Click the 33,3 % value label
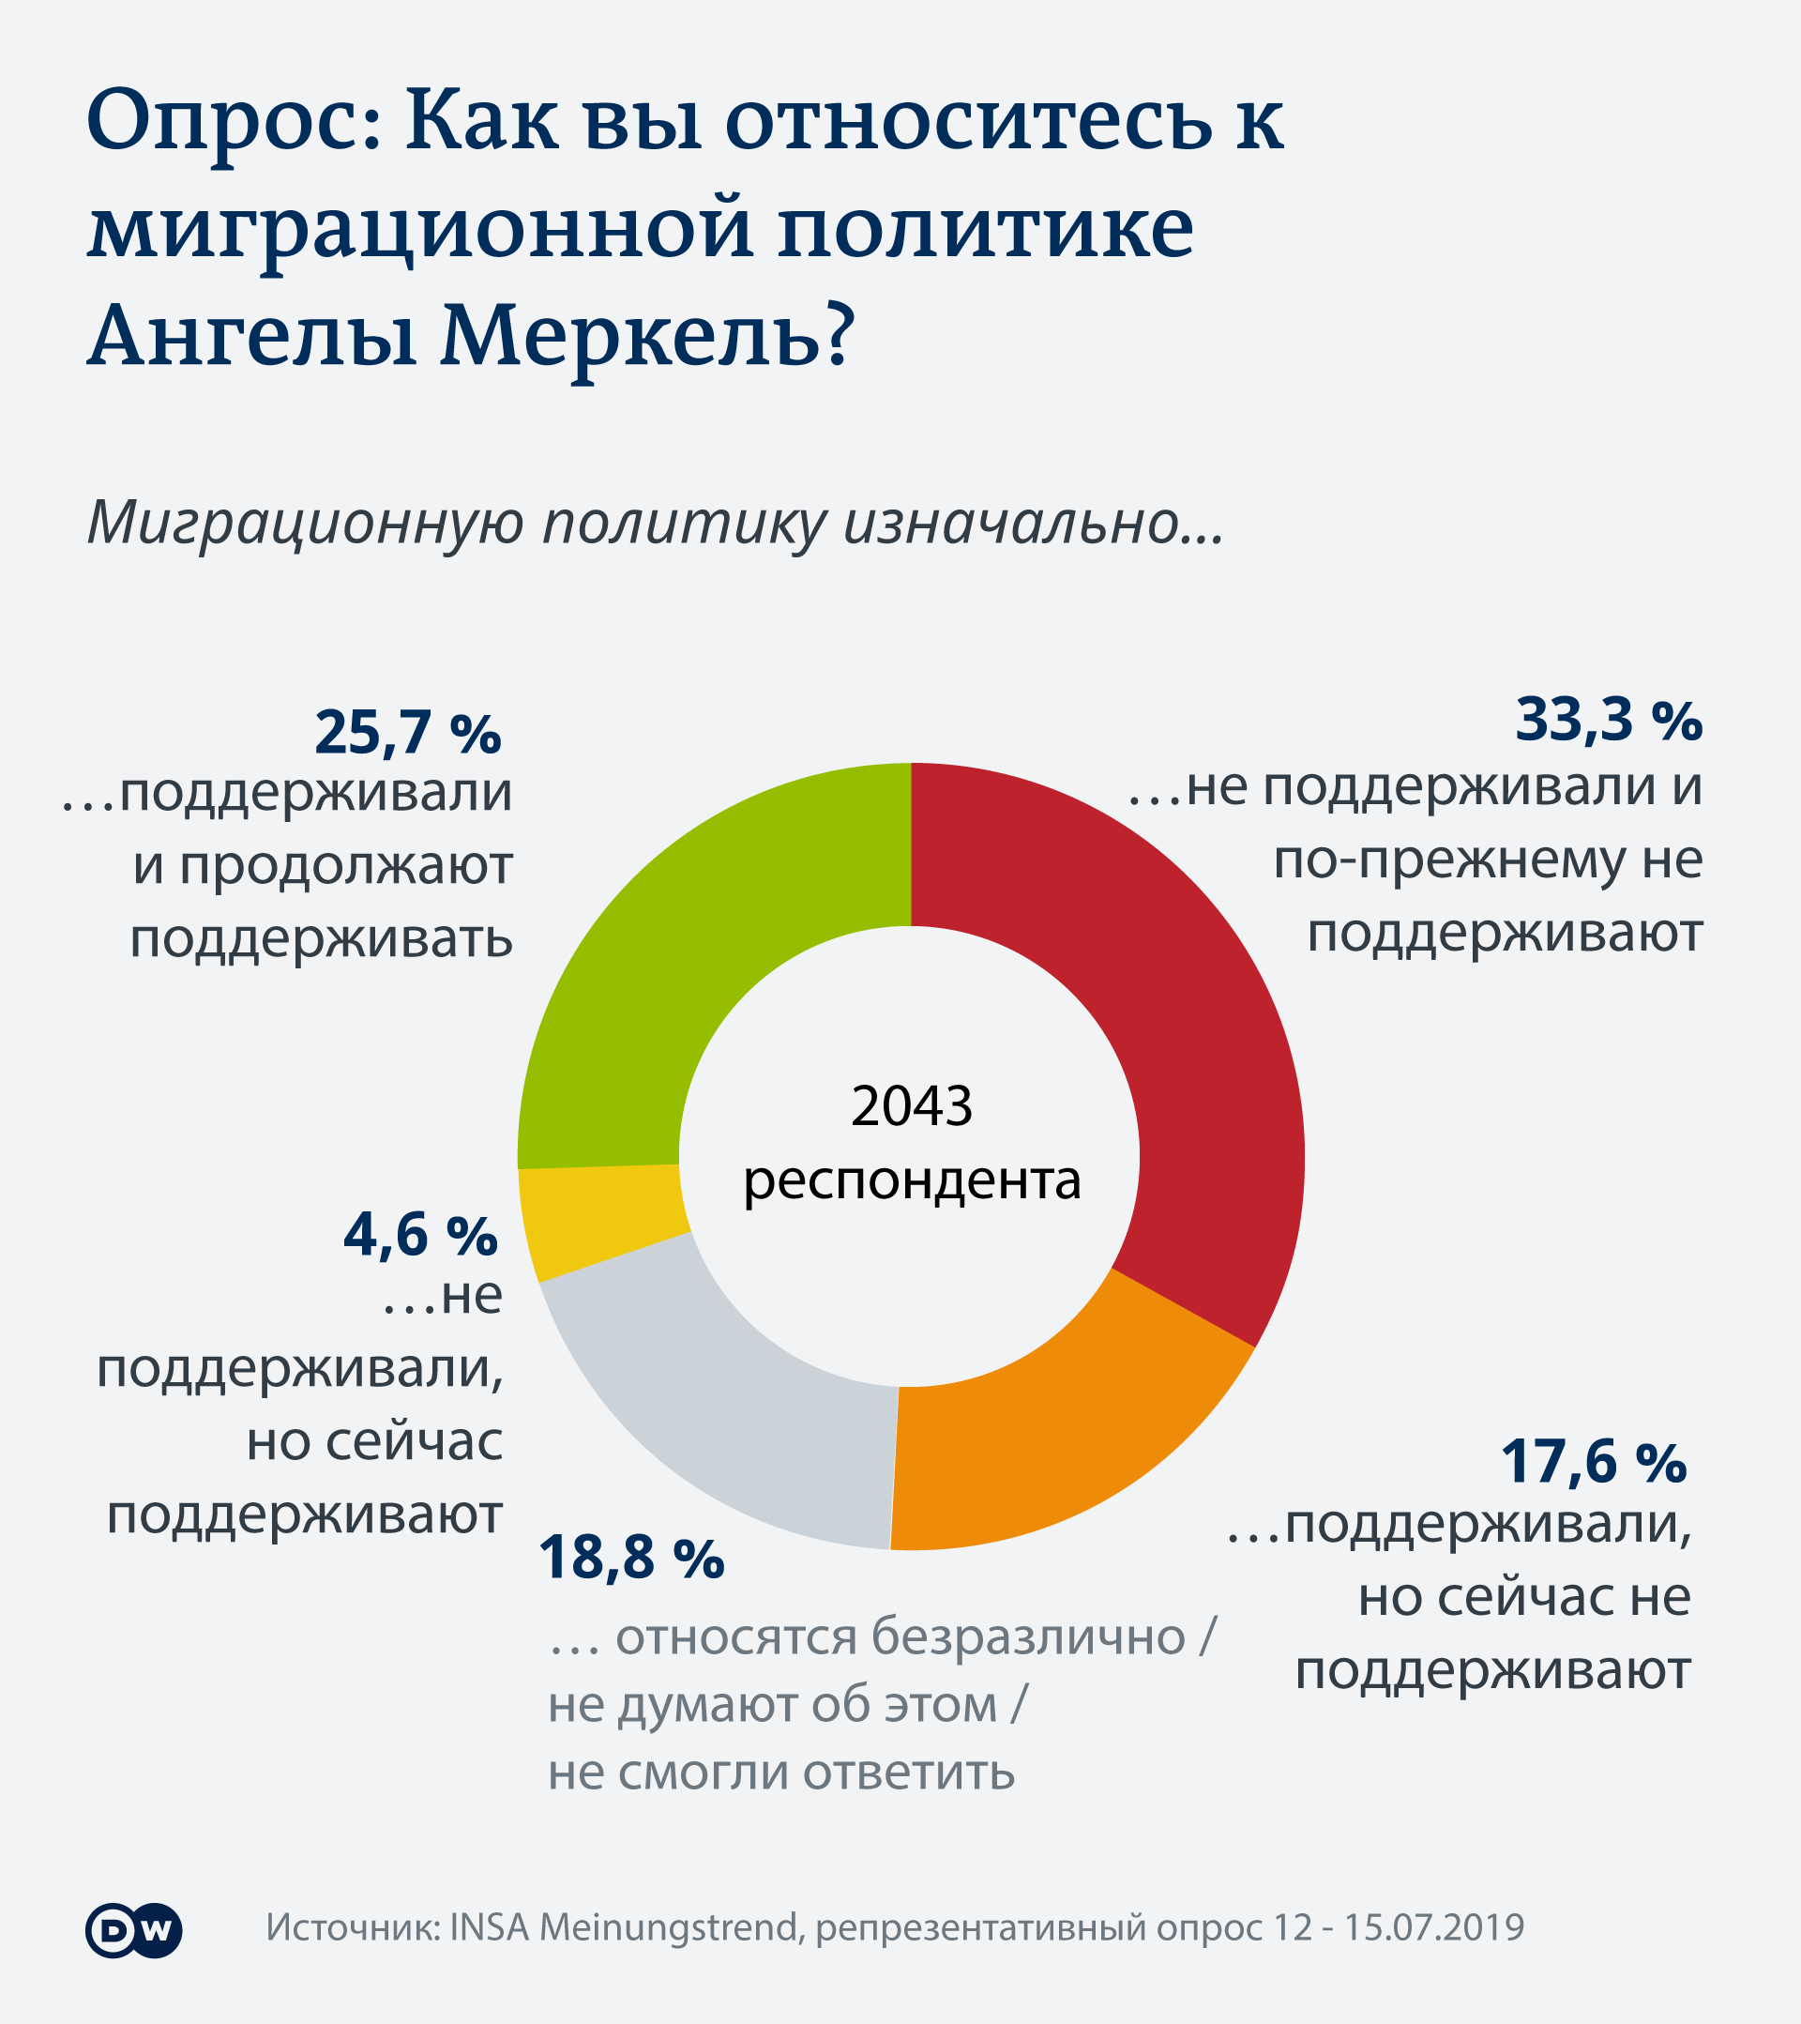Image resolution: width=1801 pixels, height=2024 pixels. (x=1608, y=720)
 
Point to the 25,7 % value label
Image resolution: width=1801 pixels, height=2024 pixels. (x=408, y=734)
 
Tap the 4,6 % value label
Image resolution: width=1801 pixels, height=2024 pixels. (x=420, y=1236)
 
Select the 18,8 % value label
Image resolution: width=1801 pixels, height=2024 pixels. (x=631, y=1557)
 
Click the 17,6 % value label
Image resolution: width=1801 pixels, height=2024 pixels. (x=1593, y=1462)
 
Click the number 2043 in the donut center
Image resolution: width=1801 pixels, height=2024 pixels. (x=911, y=1106)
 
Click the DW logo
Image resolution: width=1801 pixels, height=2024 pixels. (x=133, y=1930)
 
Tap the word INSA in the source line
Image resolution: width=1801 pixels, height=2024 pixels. (x=489, y=1927)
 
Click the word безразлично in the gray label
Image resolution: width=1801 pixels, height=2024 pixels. (x=1028, y=1636)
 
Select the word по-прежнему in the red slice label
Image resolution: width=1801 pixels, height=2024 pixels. (x=1448, y=860)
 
